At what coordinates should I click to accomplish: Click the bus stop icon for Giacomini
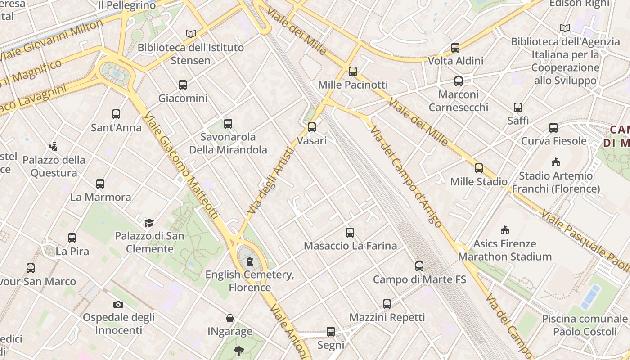(182, 85)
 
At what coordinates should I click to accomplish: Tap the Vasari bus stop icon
(311, 127)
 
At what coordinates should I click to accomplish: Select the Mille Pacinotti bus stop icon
(352, 71)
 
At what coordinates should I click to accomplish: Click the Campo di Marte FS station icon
(419, 266)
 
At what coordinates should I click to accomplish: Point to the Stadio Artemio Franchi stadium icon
(555, 162)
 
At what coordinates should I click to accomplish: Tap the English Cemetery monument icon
(250, 261)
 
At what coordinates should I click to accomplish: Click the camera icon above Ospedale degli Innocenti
(118, 304)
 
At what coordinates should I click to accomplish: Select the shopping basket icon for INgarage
(229, 318)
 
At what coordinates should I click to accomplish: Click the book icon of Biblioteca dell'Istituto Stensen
(191, 34)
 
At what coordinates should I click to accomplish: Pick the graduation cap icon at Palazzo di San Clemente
(148, 222)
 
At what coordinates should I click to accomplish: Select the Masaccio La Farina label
(350, 246)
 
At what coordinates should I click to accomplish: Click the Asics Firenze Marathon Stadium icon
(504, 230)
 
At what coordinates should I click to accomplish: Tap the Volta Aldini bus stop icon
(455, 47)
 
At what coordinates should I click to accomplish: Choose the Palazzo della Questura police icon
(54, 146)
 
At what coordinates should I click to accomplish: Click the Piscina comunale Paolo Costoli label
(584, 325)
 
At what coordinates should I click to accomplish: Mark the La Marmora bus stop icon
(100, 184)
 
